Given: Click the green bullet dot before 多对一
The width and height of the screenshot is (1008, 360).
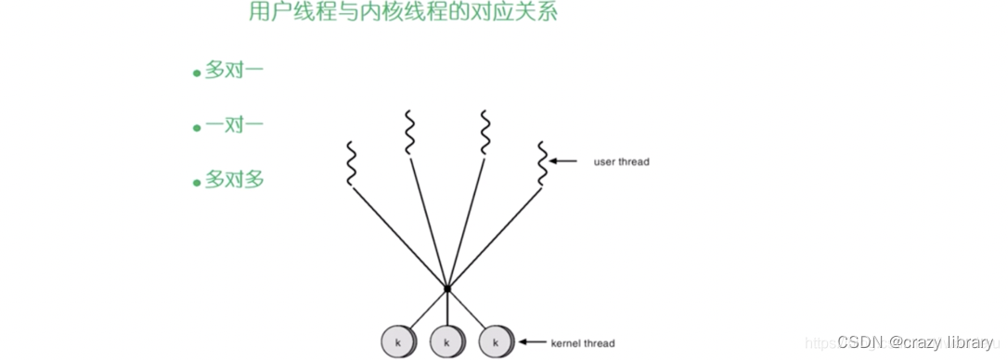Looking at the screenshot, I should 197,73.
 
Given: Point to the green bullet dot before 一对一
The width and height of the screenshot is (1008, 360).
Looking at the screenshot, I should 197,128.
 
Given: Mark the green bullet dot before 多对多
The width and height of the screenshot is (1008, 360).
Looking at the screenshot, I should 197,183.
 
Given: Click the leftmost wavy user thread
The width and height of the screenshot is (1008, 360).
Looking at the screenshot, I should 351,163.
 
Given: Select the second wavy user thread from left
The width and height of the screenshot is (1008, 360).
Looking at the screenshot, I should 409,132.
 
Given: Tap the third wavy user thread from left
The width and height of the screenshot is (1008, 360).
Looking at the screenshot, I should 485,132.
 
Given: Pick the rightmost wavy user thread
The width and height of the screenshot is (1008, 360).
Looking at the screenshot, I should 543,163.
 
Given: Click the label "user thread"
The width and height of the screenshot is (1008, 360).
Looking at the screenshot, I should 621,161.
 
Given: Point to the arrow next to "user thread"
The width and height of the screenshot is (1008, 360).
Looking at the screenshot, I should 565,161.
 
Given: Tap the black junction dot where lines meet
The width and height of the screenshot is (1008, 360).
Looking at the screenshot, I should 447,289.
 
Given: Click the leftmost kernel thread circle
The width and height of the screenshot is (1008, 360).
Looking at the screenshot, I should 397,342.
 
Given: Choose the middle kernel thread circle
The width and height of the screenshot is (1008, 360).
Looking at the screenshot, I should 446,342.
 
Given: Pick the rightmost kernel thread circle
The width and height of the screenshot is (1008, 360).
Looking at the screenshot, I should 496,342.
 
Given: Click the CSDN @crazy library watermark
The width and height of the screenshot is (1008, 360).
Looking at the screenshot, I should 915,342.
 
